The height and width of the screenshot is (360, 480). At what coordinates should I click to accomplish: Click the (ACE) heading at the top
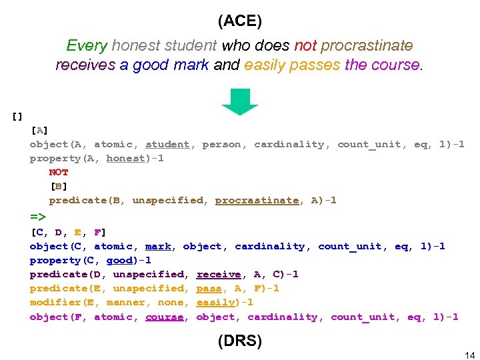coord(240,21)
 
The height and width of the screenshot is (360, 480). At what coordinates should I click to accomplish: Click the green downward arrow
coord(240,102)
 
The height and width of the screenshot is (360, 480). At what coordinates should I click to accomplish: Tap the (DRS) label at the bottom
coord(240,341)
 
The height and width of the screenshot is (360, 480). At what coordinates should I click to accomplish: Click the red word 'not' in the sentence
coord(305,46)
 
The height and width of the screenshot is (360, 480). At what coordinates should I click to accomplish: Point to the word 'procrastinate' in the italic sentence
coord(367,46)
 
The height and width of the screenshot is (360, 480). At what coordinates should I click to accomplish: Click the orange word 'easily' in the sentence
coord(264,65)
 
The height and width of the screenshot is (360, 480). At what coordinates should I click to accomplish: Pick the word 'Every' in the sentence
coord(87,46)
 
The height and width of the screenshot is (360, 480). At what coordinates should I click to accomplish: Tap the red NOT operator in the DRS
coord(59,172)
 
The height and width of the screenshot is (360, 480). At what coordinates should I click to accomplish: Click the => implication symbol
coord(38,217)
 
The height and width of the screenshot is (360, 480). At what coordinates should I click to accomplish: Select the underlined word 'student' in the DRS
coord(167,144)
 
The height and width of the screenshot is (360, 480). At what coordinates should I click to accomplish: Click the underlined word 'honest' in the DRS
coord(126,159)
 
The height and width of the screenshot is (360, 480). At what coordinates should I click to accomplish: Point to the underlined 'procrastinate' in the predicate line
coord(257,200)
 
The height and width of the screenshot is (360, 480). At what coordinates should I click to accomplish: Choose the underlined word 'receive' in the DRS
coord(218,274)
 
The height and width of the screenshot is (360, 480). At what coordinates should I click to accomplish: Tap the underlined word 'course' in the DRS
coord(164,317)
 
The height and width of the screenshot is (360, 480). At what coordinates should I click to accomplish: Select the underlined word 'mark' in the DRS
coord(158,246)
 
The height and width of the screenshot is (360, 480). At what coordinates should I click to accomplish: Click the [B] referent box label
coord(59,186)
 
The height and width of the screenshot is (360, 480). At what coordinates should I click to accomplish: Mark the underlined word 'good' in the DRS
coord(120,260)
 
